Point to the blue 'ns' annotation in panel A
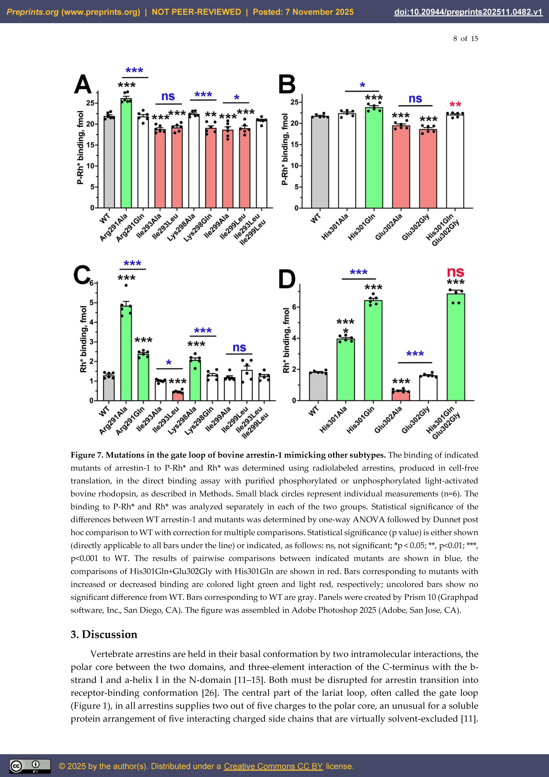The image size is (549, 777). pyautogui.click(x=168, y=96)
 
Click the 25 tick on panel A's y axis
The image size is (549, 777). pyautogui.click(x=90, y=103)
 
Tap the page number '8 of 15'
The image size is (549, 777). pyautogui.click(x=465, y=39)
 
